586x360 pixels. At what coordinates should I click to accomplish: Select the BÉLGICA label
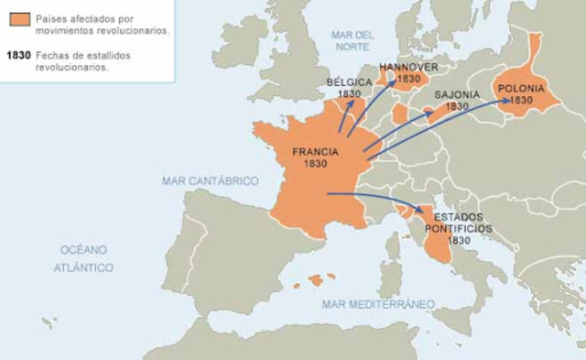[350, 82]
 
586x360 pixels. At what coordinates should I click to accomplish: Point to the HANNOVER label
[408, 67]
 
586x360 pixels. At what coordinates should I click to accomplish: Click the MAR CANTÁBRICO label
[211, 181]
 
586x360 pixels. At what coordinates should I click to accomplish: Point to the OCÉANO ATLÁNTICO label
[83, 258]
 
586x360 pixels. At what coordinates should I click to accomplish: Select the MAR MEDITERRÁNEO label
[377, 303]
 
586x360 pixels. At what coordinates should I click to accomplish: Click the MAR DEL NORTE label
[353, 39]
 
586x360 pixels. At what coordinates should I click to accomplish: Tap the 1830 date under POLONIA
[521, 100]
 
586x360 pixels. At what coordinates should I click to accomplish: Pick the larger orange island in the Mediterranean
[317, 280]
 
